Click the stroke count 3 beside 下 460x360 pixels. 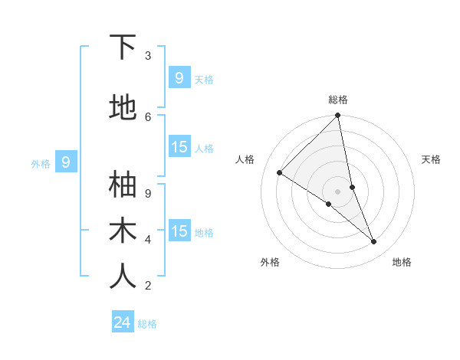(148, 55)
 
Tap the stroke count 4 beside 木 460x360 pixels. (148, 239)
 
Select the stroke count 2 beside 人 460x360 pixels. (148, 285)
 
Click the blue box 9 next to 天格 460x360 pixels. (179, 78)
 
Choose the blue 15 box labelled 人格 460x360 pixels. (179, 147)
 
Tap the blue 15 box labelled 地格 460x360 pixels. (179, 231)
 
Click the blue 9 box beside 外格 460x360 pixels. (66, 162)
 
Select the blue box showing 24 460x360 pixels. (123, 322)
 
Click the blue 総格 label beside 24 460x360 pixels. (147, 324)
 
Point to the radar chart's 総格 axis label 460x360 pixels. (338, 100)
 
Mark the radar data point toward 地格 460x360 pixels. (374, 241)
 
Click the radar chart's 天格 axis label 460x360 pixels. (431, 159)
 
